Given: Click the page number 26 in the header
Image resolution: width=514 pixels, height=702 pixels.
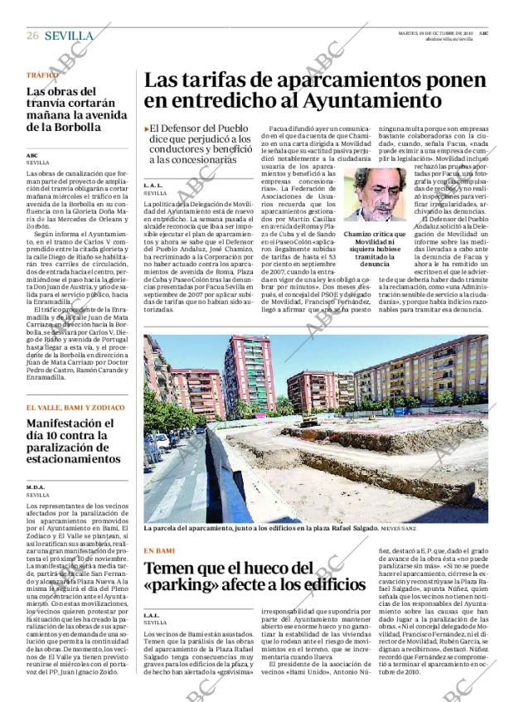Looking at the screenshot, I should coord(32,36).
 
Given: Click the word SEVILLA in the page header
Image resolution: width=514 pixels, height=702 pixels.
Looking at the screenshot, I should coord(69,36).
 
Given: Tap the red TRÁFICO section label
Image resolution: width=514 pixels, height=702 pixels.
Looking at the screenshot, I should coord(41,75).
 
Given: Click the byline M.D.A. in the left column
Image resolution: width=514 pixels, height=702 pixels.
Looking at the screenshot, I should coord(36,487).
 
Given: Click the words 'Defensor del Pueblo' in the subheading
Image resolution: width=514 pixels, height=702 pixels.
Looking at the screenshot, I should coord(198,130).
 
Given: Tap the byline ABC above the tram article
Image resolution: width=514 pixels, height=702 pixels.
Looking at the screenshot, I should coord(32,155).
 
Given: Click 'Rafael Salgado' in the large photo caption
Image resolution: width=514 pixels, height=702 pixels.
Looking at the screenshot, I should coord(348,528).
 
